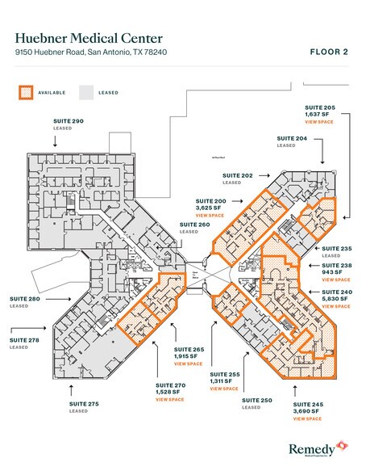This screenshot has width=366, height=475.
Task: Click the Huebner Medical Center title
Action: tap(89, 38)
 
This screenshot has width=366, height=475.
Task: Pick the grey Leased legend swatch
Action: tap(86, 92)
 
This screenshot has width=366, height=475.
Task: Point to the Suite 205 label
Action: tap(319, 107)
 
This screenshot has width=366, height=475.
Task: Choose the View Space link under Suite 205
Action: tap(318, 122)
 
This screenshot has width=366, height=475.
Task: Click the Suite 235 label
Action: tap(337, 249)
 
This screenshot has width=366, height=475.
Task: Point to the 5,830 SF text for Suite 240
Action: tap(336, 299)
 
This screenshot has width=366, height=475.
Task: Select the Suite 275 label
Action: tap(81, 403)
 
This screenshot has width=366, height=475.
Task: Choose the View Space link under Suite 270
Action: tap(170, 399)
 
